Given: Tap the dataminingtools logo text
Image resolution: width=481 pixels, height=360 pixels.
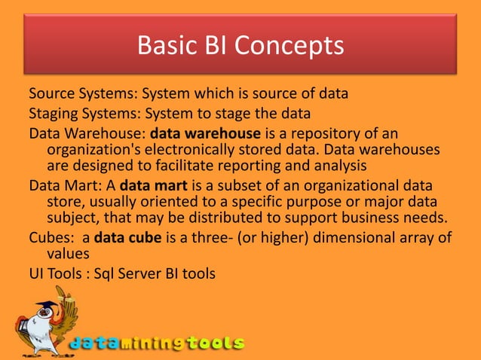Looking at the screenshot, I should point(157,343).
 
